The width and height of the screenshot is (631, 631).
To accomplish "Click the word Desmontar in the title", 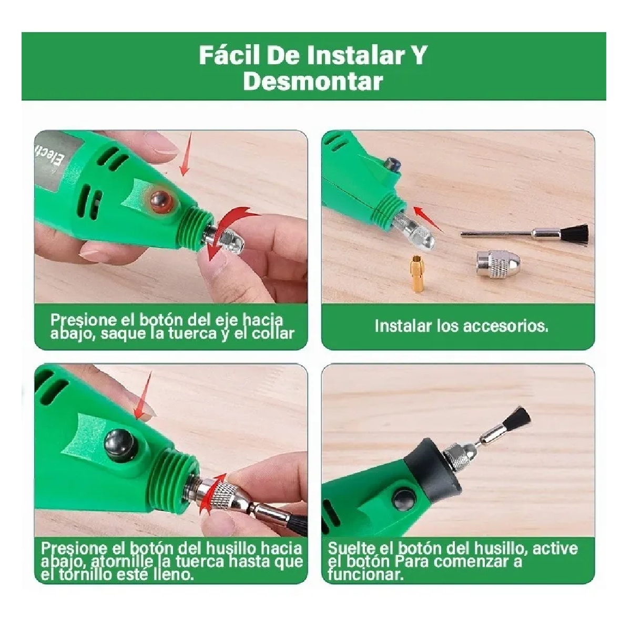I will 313,82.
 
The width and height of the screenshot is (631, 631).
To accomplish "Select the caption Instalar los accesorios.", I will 461,326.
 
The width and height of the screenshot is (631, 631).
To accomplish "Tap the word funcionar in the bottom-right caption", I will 366,574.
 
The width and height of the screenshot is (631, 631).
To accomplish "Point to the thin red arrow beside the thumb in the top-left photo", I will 185,155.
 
